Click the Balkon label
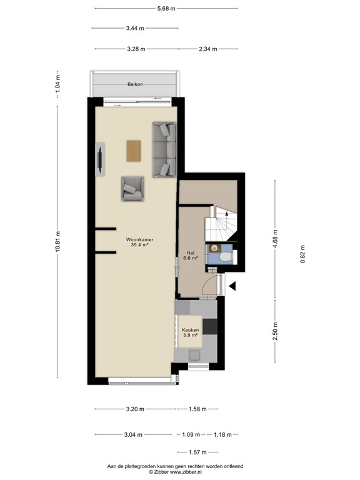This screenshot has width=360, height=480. tap(135, 84)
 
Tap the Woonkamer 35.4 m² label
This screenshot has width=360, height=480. tap(139, 242)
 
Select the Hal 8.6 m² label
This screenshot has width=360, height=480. tap(191, 255)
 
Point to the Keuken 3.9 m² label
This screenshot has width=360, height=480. tap(191, 332)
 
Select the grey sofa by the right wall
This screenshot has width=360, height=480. tap(164, 150)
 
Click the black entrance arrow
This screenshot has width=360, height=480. tap(232, 287)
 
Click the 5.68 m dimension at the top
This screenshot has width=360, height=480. tap(166, 8)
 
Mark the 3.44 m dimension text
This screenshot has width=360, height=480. tap(135, 28)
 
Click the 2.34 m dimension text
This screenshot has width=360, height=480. tap(208, 49)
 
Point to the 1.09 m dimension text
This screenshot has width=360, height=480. tap(191, 434)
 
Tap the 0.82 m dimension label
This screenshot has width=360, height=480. tap(303, 254)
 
